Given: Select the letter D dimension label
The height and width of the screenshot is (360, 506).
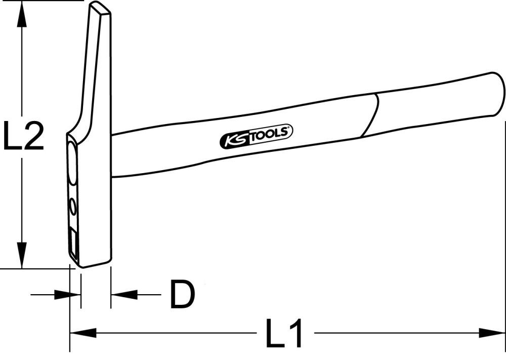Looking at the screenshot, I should pos(182,295).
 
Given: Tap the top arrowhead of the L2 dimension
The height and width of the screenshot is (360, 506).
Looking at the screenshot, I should pos(21,13).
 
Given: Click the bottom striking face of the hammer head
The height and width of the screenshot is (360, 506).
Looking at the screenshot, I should pos(95,264).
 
